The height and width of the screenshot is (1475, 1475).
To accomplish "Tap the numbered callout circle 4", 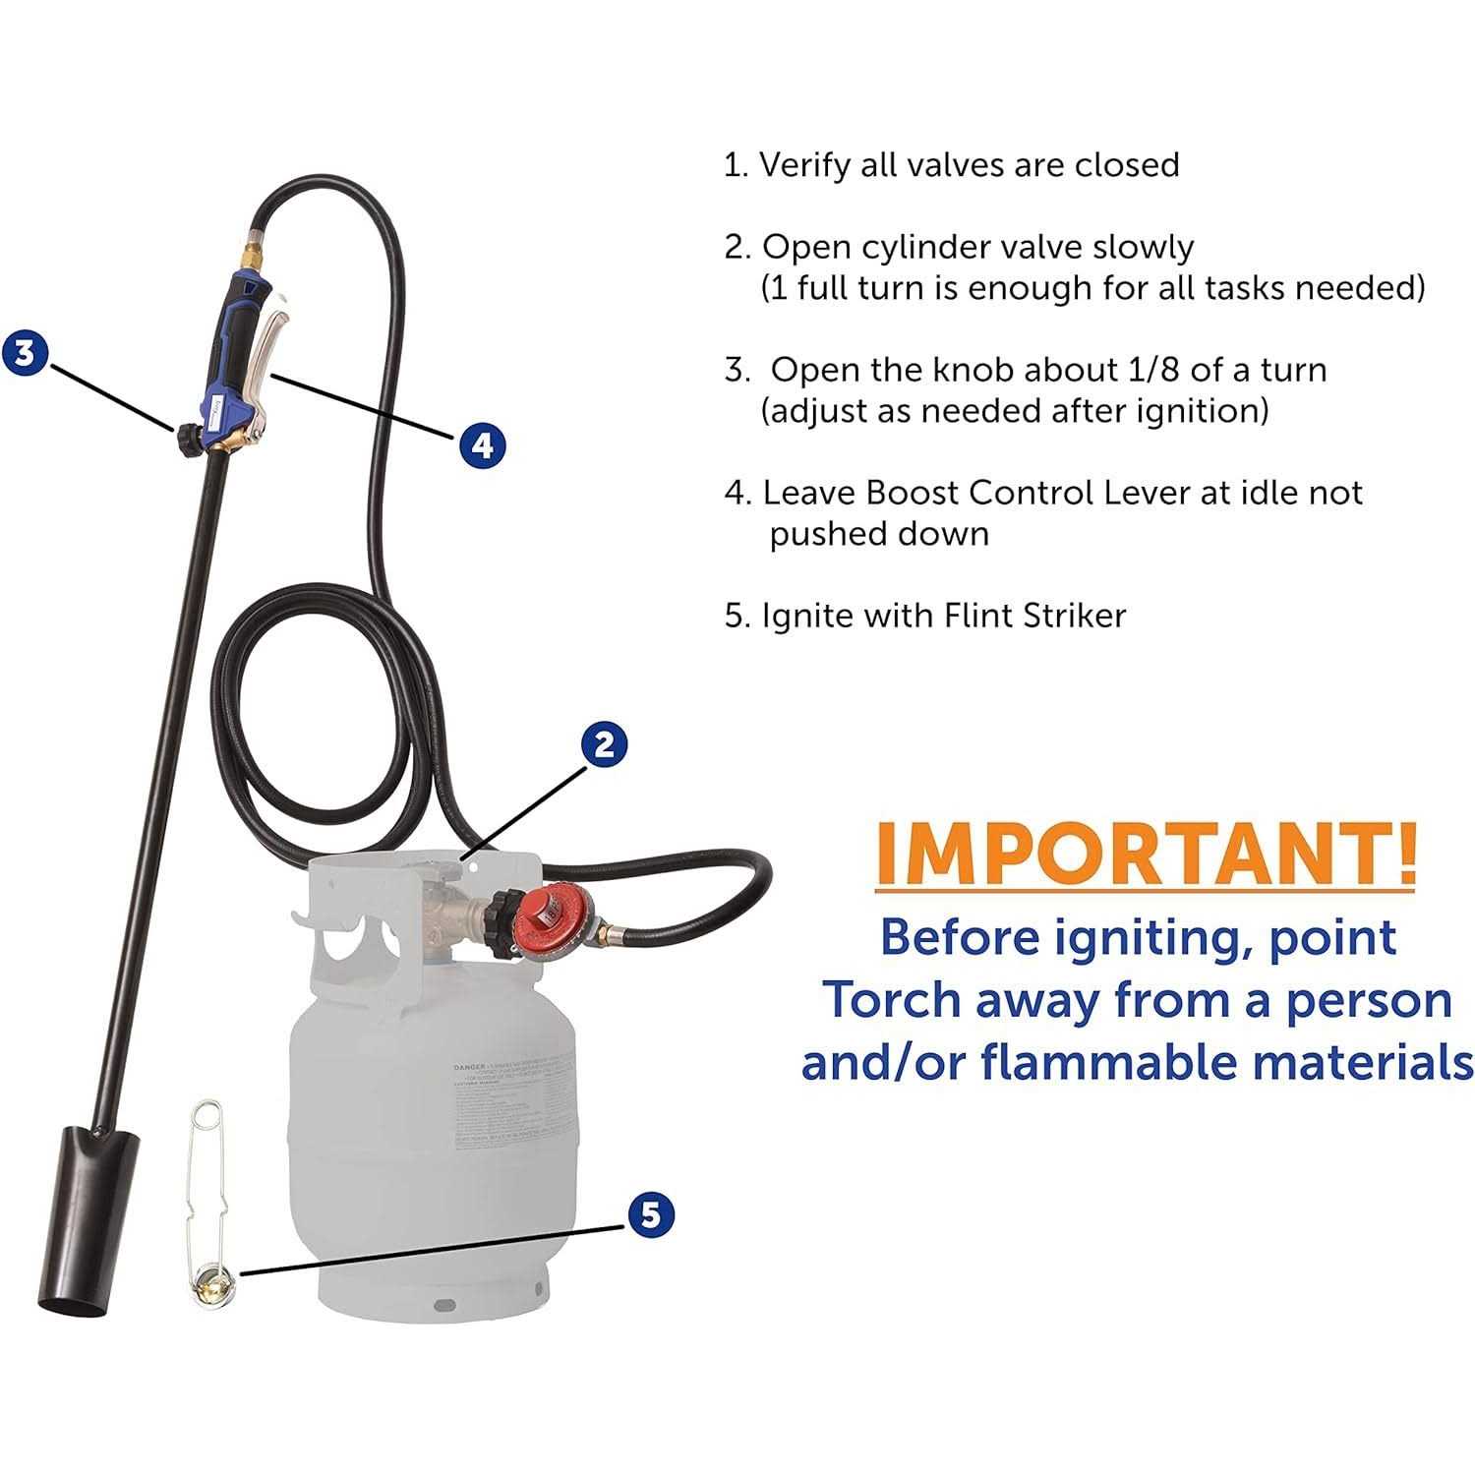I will point(482,445).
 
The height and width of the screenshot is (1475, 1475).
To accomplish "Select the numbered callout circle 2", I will point(604,743).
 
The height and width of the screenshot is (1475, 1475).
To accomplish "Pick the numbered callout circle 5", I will point(650,1214).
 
